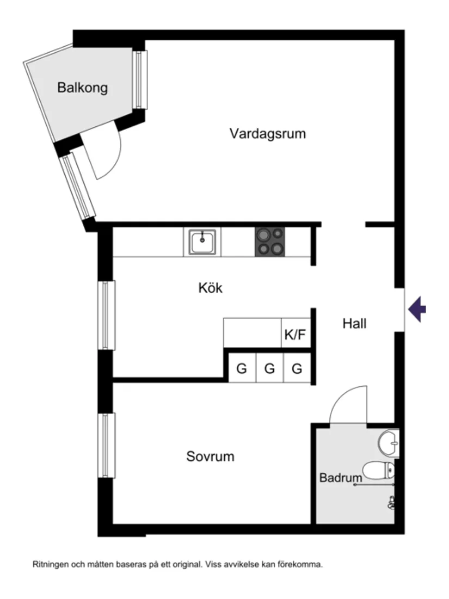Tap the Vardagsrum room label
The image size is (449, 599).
pos(267,133)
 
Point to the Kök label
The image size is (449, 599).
pos(210,288)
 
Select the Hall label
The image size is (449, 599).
pos(354,324)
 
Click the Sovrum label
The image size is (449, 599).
pos(210,456)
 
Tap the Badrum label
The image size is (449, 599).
pos(341,479)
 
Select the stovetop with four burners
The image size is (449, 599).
pos(270,242)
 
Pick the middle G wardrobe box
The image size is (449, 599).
pos(269,369)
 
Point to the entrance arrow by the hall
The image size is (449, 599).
pos(417,310)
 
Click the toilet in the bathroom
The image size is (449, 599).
pos(379,470)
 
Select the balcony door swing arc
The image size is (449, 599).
pos(107,152)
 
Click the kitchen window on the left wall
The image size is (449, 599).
pos(106,315)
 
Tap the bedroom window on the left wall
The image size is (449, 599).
pos(106,445)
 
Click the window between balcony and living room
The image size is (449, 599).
pos(140,79)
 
